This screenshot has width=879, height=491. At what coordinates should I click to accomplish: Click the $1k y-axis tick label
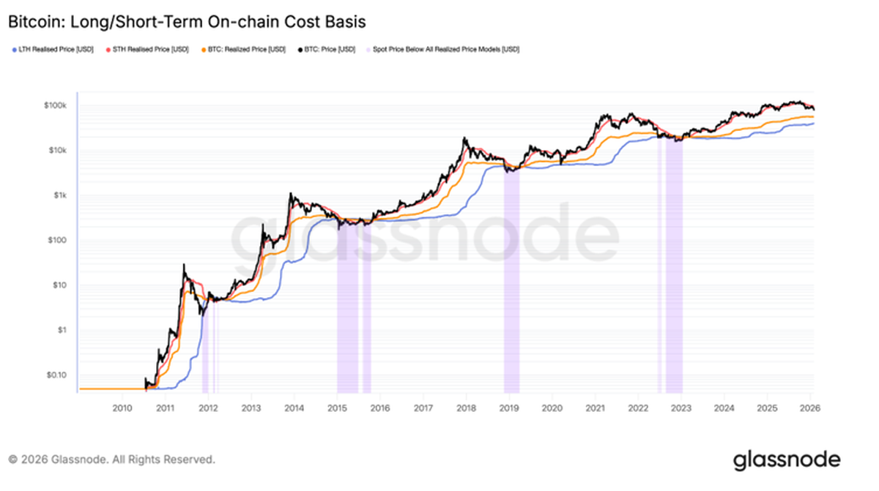coord(61,195)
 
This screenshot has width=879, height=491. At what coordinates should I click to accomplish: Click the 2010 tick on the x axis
coord(122,407)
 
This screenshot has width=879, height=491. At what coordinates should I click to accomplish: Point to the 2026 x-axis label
coord(809,407)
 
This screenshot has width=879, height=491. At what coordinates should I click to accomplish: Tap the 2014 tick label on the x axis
coord(294,407)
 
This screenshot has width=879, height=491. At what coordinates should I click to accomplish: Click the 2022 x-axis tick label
coord(638,407)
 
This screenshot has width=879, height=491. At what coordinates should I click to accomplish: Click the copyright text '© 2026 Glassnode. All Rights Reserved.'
coord(111,460)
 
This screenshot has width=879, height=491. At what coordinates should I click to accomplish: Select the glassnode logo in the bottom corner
coord(787,460)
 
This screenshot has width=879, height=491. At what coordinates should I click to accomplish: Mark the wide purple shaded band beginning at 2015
coord(347,307)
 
